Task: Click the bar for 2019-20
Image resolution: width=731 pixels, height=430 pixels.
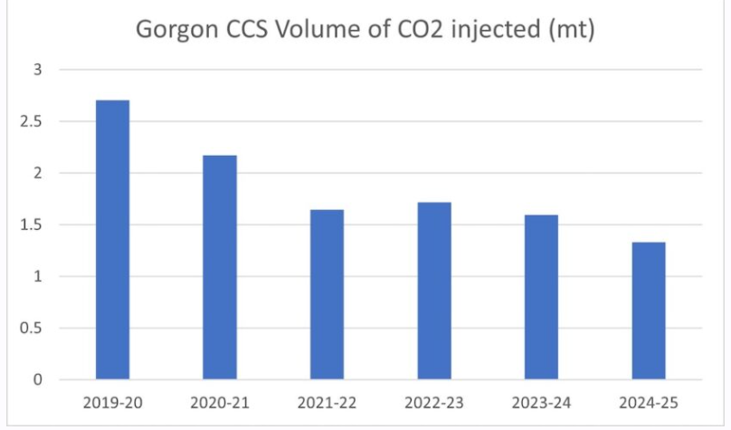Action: (112, 240)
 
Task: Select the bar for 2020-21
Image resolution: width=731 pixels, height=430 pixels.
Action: (220, 267)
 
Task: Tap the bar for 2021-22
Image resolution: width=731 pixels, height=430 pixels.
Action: (327, 294)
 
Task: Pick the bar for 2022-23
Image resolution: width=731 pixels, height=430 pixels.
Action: (434, 291)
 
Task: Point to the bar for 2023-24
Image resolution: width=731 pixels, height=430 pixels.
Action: (541, 297)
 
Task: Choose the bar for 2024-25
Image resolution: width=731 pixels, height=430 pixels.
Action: (649, 311)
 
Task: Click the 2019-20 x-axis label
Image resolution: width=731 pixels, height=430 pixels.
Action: (112, 401)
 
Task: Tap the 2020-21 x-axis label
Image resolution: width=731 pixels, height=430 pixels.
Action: (220, 401)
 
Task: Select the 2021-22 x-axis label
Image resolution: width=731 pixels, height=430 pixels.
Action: (327, 401)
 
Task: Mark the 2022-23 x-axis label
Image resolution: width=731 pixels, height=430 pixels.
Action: (434, 401)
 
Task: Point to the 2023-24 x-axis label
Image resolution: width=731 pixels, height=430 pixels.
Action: (541, 401)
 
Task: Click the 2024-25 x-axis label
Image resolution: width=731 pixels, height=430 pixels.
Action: (649, 401)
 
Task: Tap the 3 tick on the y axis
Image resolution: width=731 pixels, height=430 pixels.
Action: (38, 70)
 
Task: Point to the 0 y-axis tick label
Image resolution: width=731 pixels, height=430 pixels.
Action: (38, 380)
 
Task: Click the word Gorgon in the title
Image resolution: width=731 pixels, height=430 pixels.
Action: (171, 31)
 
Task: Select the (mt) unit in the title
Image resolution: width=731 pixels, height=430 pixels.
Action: (570, 31)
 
